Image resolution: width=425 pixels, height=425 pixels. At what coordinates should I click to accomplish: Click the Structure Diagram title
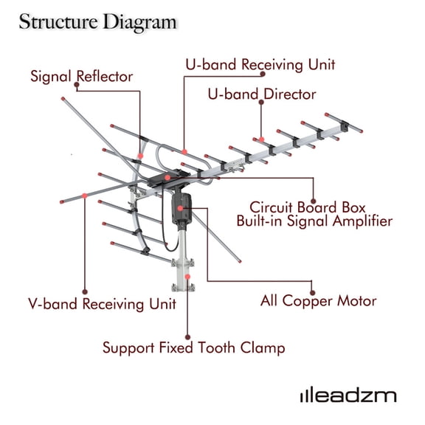pos(97,21)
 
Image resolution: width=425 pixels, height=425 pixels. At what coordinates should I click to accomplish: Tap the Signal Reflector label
pos(81,76)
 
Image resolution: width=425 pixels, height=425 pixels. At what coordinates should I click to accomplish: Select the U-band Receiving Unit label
pos(260,64)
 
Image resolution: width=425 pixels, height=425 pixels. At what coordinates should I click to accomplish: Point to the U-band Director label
pos(262,94)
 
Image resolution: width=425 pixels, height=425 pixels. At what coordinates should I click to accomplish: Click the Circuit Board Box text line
pos(308,207)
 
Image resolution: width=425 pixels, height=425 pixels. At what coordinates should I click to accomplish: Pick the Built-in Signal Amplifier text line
pos(314,221)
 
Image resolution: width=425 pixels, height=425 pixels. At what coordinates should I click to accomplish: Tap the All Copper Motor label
pos(319,300)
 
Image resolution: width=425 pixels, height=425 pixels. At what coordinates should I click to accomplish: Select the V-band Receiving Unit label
pos(102,303)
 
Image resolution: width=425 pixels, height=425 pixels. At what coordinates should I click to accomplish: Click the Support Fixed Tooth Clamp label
pos(193,347)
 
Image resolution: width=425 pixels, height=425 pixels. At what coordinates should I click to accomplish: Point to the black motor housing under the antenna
pos(181,207)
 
